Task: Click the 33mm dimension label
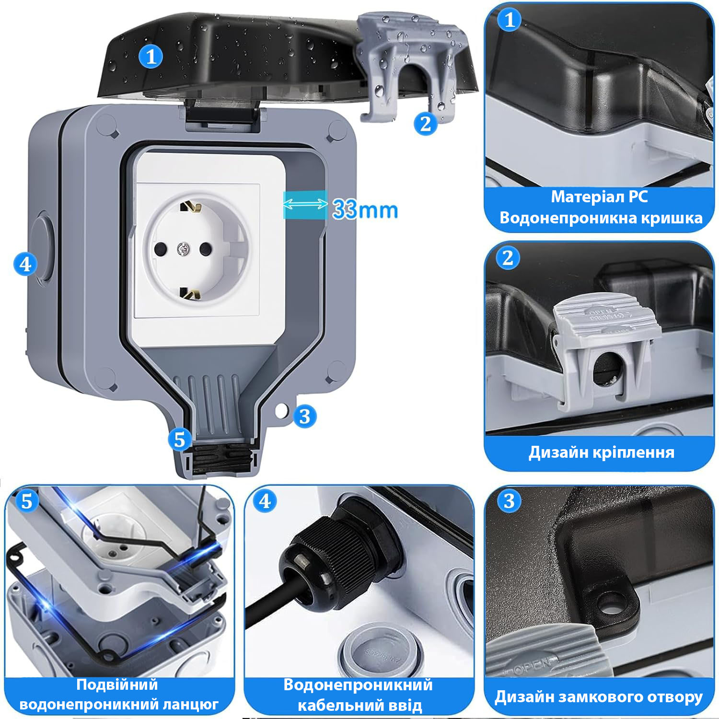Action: (365, 209)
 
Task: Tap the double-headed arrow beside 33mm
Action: (305, 205)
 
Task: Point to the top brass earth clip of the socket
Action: (190, 207)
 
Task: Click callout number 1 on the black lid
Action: (151, 57)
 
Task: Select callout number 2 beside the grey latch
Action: (426, 124)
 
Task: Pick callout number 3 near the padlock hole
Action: (304, 417)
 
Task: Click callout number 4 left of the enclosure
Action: (25, 264)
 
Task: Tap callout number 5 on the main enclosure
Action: (180, 439)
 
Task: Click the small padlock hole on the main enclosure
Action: (282, 410)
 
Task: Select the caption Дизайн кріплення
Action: (602, 452)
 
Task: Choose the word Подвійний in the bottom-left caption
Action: (117, 684)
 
